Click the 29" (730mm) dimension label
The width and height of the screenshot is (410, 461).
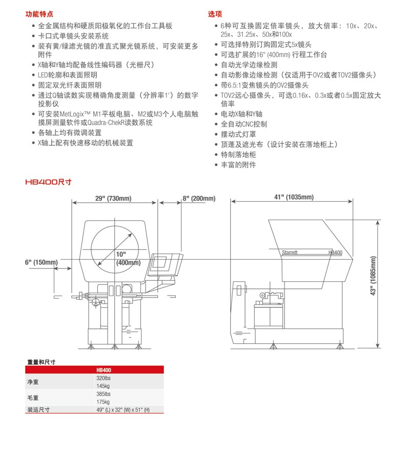click(113, 199)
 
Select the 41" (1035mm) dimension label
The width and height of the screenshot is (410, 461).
click(293, 198)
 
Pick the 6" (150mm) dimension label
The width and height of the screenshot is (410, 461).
click(41, 262)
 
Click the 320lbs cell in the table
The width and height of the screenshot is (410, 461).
click(104, 378)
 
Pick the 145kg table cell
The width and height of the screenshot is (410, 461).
click(104, 386)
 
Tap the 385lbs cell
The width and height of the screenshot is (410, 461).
click(104, 394)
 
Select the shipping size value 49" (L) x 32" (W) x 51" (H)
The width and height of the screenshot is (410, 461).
click(124, 409)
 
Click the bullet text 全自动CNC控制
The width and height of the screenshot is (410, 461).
click(243, 124)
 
